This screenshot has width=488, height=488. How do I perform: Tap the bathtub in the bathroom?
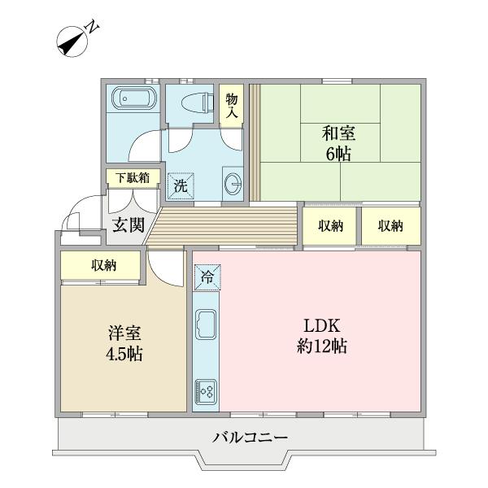pyautogui.click(x=132, y=99)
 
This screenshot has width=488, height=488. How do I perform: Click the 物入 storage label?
pyautogui.click(x=231, y=106)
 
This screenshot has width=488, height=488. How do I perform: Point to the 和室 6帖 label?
pyautogui.click(x=337, y=143)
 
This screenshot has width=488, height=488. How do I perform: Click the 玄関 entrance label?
pyautogui.click(x=128, y=224)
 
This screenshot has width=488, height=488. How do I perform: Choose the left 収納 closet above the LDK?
pyautogui.click(x=330, y=226)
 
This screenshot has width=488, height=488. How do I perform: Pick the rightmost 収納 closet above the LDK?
pyautogui.click(x=390, y=226)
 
